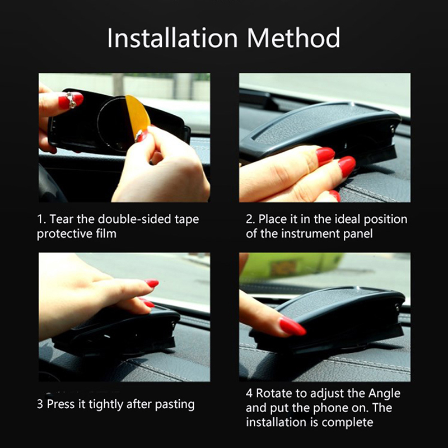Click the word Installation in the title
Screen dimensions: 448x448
click(x=172, y=38)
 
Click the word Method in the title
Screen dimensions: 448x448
click(x=293, y=38)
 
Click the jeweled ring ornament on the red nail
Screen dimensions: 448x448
click(x=71, y=100)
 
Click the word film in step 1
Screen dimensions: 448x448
click(x=106, y=234)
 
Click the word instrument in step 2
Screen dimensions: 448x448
click(x=311, y=234)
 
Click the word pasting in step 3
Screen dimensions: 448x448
click(x=175, y=405)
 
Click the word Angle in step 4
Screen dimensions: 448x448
click(x=384, y=394)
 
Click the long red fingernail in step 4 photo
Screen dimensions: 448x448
click(x=292, y=326)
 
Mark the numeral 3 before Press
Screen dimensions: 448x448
click(x=40, y=404)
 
